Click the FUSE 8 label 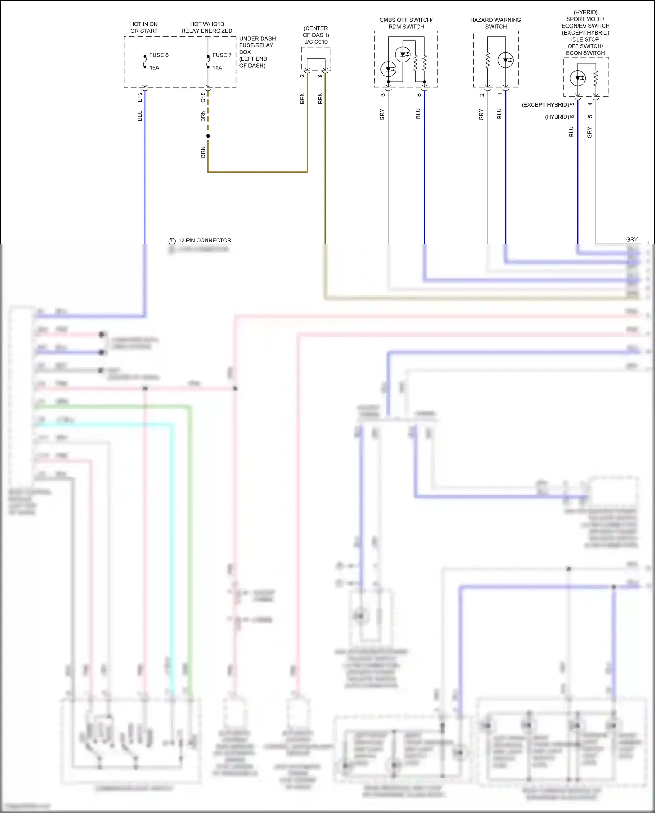159,55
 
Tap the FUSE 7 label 222,55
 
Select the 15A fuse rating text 154,68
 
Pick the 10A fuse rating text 217,68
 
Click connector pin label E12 140,97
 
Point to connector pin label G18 203,97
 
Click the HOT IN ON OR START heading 144,28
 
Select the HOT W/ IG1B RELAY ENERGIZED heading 207,28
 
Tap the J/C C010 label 316,42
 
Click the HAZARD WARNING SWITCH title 495,23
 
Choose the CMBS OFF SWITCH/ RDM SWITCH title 406,23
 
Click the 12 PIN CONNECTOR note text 204,240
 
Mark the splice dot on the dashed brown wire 208,136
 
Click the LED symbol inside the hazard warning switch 506,60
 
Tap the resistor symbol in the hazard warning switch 488,60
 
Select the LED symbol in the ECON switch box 578,79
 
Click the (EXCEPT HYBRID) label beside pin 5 545,105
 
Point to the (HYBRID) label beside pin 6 557,117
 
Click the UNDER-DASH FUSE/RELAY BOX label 257,52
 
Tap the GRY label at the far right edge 631,239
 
